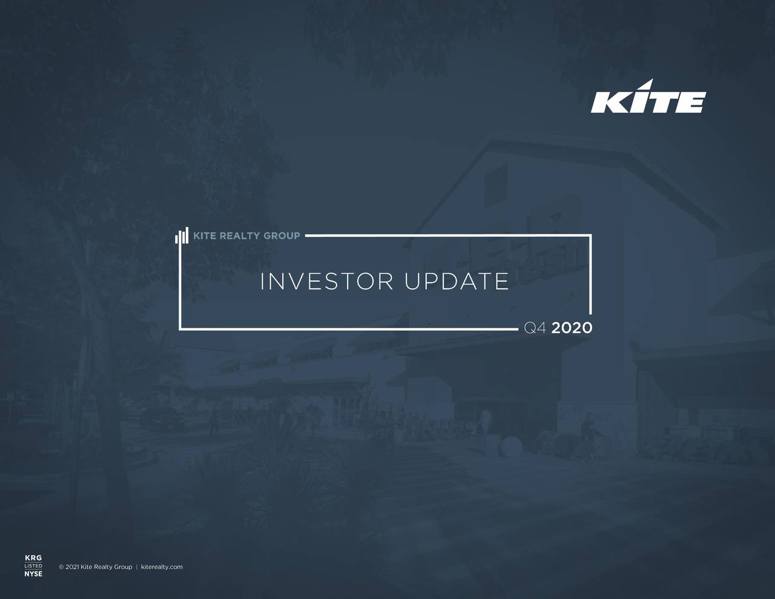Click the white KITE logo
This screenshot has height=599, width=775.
(x=648, y=98)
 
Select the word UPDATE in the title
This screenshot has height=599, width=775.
(x=457, y=282)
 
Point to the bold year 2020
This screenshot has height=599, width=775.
(x=572, y=328)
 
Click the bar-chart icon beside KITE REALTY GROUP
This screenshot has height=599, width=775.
(x=182, y=236)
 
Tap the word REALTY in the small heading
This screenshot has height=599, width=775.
(x=240, y=236)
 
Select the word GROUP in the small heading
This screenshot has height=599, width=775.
(x=282, y=236)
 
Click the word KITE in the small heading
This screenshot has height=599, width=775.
(x=204, y=236)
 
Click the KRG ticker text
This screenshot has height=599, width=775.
(x=33, y=558)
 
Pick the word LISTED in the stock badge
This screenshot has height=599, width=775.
(x=33, y=566)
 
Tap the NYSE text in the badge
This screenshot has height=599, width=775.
(x=33, y=574)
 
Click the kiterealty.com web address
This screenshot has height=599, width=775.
(x=162, y=567)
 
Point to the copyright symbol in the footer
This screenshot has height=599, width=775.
(x=61, y=567)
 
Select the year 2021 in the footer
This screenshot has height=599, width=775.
(x=72, y=567)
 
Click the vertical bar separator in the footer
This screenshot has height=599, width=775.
(x=137, y=567)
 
